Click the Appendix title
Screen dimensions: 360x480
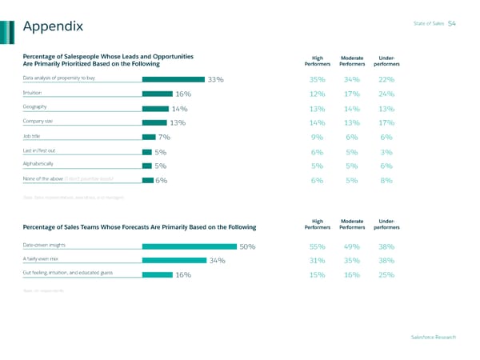point(54,27)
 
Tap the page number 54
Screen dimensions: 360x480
point(452,23)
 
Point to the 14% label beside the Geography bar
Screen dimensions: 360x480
point(179,109)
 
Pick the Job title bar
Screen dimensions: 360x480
point(149,137)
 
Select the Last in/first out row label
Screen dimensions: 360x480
point(39,150)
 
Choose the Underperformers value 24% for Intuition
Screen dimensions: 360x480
point(386,94)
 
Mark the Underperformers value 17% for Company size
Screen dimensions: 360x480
point(386,123)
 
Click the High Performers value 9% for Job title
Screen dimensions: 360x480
point(318,137)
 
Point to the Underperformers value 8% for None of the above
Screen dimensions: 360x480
point(386,180)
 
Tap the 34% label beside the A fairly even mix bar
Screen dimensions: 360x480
point(216,260)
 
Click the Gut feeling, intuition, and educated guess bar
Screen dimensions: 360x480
point(156,274)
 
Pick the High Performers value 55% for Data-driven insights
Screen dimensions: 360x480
point(318,247)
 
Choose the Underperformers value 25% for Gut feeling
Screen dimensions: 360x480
point(386,275)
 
